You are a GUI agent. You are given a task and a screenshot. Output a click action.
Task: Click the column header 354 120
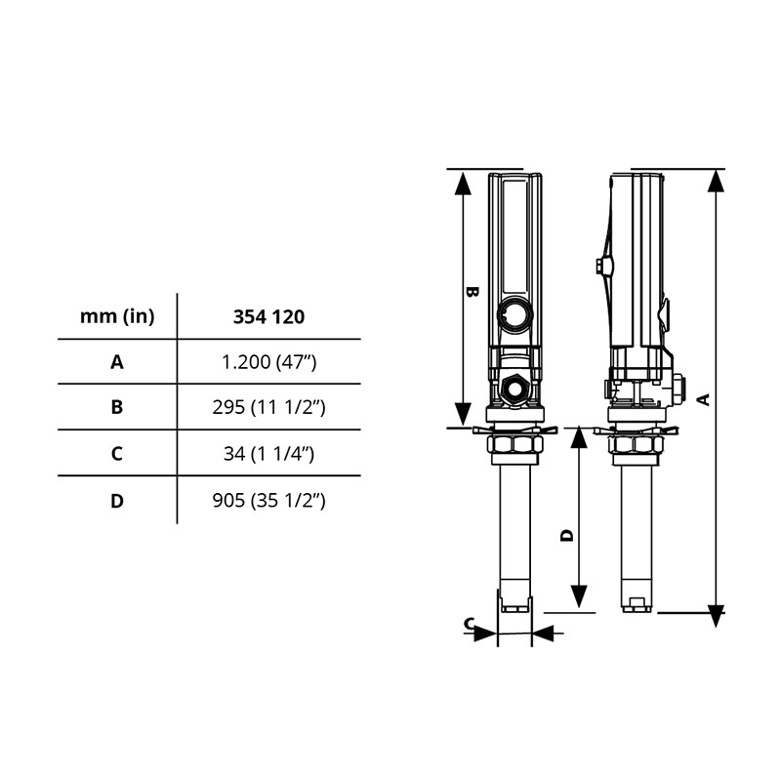269,316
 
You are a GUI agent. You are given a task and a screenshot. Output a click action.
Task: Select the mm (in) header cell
117,316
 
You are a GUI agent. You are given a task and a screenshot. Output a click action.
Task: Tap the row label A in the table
117,362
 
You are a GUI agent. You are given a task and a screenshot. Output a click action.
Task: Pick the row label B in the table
117,407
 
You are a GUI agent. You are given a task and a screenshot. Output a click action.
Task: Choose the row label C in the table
117,454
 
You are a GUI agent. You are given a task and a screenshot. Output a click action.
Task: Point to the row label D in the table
117,501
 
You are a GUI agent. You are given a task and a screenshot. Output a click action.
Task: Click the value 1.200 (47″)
269,362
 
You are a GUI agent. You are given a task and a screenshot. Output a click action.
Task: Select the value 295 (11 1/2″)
269,407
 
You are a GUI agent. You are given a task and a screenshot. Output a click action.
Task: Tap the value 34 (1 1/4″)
269,454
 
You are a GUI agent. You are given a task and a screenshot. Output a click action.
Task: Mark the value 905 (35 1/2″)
269,500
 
